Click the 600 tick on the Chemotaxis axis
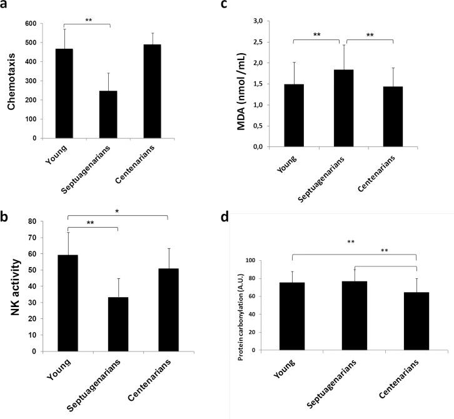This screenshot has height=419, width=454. [x=30, y=24]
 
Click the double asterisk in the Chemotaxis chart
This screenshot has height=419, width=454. [x=88, y=20]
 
